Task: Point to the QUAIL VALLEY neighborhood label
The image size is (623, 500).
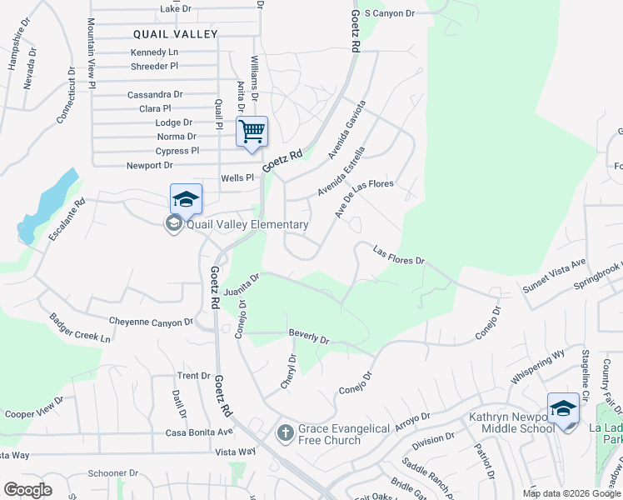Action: (x=176, y=34)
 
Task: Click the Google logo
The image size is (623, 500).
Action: (x=27, y=489)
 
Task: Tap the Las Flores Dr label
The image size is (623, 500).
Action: (x=399, y=255)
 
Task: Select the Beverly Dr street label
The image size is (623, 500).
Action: (x=309, y=337)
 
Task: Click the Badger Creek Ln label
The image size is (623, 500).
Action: (x=80, y=328)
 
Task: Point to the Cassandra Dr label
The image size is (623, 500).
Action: (x=155, y=95)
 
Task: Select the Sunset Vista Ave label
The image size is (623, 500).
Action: (x=555, y=275)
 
